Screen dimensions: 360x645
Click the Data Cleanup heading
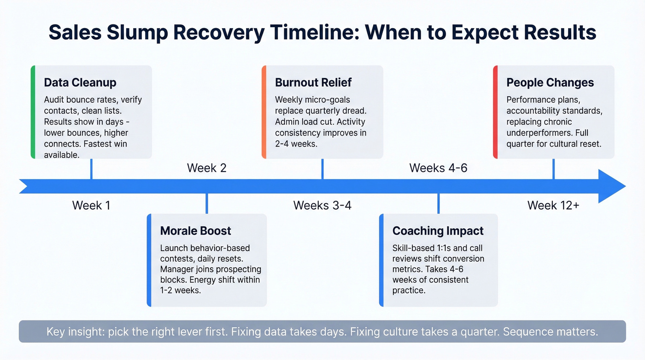tap(80, 83)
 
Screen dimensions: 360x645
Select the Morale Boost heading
tap(195, 231)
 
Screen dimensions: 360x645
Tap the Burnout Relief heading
tap(313, 83)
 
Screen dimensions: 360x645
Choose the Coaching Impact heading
tap(438, 231)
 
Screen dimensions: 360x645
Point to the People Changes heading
tap(550, 83)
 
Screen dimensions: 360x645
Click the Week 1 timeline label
tap(91, 205)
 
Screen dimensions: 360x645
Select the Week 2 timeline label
tap(206, 168)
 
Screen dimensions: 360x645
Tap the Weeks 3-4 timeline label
tap(322, 205)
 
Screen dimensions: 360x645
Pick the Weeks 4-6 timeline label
tap(438, 168)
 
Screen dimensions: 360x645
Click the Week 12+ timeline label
tap(553, 205)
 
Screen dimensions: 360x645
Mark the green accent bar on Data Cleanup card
tap(33, 112)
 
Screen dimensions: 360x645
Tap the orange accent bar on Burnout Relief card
tap(264, 112)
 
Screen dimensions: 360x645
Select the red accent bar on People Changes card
tap(495, 112)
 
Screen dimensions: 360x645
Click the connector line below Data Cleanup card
tap(91, 169)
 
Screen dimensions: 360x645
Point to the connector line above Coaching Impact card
tap(438, 204)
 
